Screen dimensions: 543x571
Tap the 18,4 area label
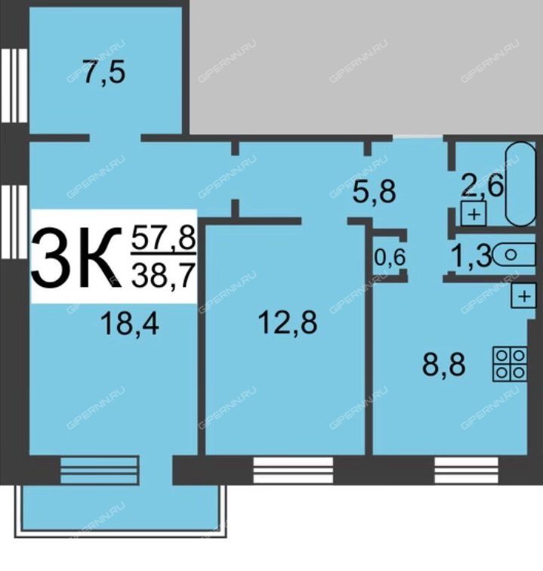[130, 324]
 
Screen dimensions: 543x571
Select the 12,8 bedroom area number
[287, 323]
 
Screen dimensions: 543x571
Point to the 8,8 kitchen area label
[443, 365]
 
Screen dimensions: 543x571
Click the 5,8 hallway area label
[374, 192]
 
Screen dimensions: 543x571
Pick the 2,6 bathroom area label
[483, 186]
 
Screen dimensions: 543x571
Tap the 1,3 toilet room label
[471, 256]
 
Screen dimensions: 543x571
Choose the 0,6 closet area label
[390, 258]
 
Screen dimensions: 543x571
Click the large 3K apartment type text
[76, 257]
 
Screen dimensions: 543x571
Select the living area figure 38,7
[162, 276]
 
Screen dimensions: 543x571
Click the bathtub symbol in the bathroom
[520, 184]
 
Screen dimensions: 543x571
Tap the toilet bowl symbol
[514, 255]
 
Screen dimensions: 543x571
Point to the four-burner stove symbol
[510, 364]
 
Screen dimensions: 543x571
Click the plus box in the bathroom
[474, 214]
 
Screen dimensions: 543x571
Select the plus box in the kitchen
[523, 296]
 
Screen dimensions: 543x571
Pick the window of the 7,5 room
[14, 85]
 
